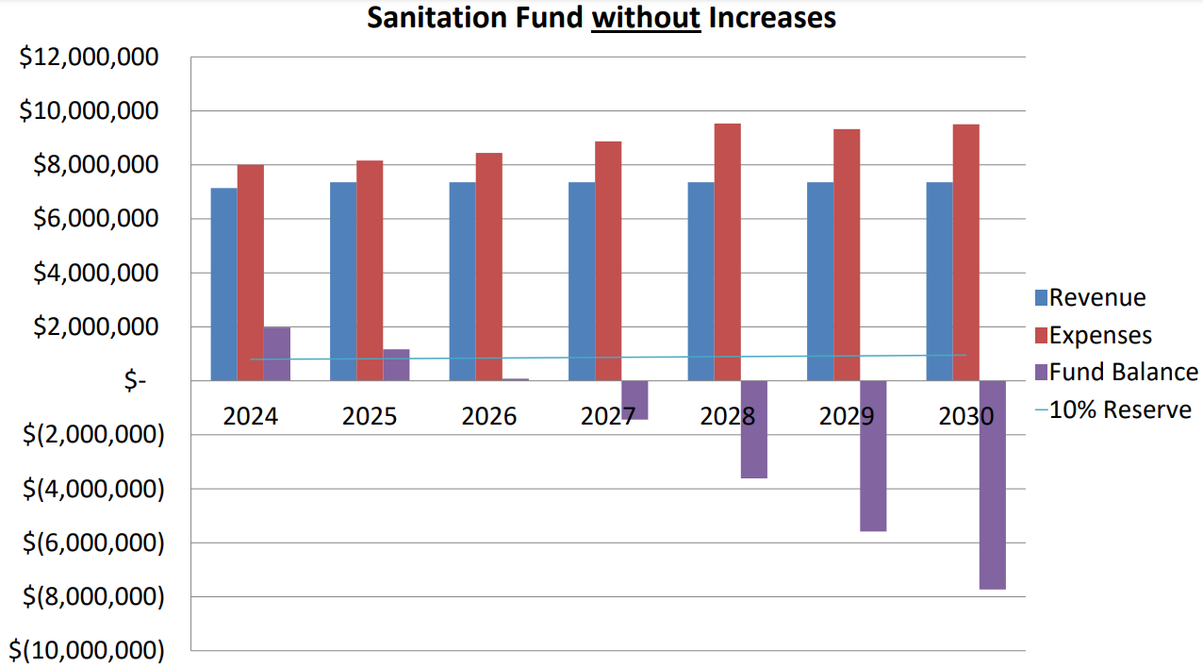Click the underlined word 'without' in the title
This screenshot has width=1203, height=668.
tap(646, 17)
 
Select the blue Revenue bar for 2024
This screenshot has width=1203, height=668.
tap(223, 284)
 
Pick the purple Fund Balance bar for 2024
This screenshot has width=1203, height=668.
tap(276, 354)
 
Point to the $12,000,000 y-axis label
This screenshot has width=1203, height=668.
tap(89, 58)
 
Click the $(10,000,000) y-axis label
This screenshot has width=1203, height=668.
tap(86, 651)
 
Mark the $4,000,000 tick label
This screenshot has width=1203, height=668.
tap(95, 274)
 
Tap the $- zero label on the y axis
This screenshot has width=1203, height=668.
tap(136, 381)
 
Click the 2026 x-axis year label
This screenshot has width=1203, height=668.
tap(489, 416)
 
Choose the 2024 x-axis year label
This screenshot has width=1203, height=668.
tap(251, 416)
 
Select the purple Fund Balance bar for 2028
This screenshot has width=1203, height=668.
tap(753, 429)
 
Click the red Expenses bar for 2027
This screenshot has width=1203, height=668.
tap(608, 260)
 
